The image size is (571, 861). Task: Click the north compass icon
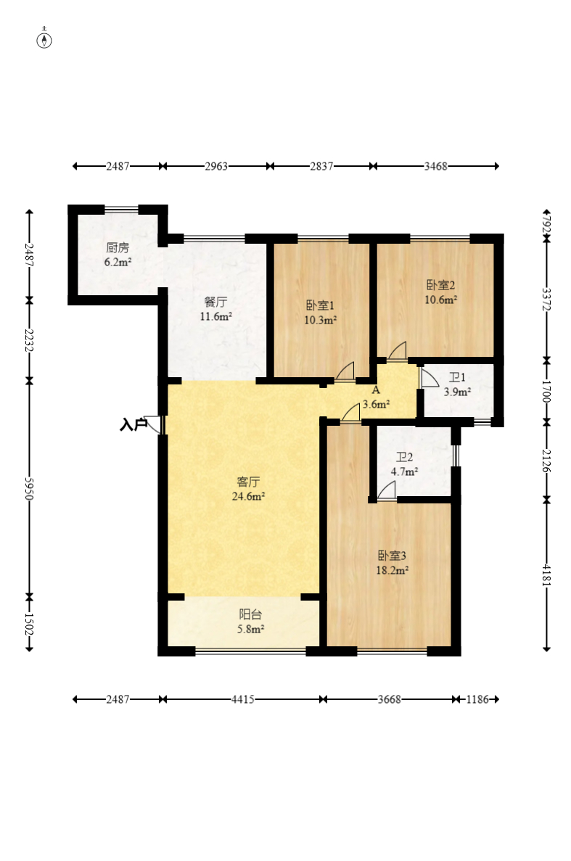tap(44, 40)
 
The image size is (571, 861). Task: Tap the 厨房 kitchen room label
tap(118, 247)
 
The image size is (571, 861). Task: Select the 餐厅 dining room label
tap(215, 302)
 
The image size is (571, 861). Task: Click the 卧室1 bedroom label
tap(320, 305)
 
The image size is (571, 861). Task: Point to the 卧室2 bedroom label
tap(441, 285)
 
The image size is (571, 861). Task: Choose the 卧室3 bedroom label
tap(392, 556)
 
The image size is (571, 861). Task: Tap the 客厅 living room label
tap(248, 482)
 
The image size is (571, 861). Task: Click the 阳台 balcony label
tap(250, 614)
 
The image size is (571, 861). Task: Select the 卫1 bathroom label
tap(457, 377)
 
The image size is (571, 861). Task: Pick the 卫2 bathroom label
tap(405, 457)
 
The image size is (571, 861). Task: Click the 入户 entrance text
tap(133, 424)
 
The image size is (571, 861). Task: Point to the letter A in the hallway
tap(376, 390)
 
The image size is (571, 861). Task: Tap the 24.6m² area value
tap(249, 496)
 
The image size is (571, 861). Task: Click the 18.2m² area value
tap(392, 571)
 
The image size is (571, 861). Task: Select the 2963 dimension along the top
tap(216, 166)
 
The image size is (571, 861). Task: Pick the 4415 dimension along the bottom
tap(242, 699)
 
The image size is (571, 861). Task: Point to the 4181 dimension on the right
tap(546, 574)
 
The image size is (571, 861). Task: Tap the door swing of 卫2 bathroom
tap(387, 490)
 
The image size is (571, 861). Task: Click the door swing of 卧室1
tap(345, 371)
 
